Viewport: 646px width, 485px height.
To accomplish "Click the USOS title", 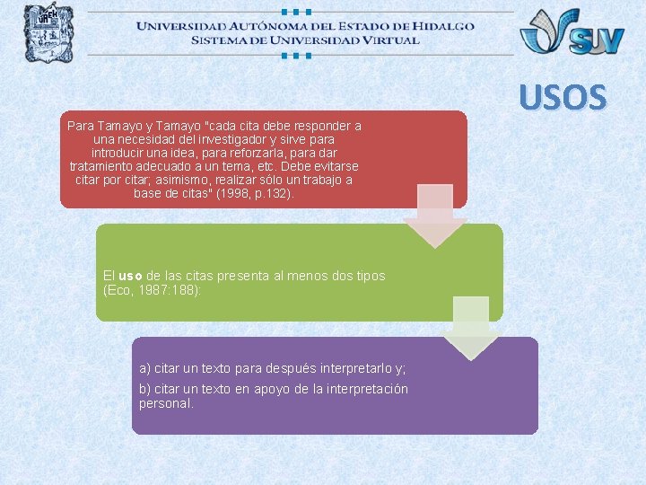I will click(x=562, y=97).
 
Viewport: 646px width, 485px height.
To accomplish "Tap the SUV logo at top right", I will click(x=572, y=32).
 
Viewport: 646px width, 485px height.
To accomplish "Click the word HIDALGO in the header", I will click(x=442, y=25).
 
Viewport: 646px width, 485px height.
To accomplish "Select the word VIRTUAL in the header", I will click(x=387, y=40).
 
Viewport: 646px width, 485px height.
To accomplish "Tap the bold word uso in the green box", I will click(x=130, y=276).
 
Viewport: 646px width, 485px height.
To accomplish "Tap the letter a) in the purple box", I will click(x=145, y=368).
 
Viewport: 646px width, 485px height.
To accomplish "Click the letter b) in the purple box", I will click(x=145, y=389).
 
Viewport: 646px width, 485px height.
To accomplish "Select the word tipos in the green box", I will click(x=369, y=276).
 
